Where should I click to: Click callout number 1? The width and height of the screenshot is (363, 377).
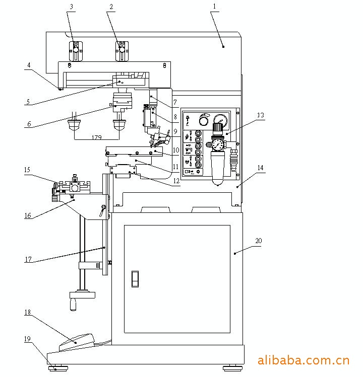coord(215,7)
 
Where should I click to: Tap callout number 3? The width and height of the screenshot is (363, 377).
coord(71,7)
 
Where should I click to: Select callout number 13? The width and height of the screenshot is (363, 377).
coord(261,115)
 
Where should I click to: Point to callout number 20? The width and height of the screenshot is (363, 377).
coord(259,241)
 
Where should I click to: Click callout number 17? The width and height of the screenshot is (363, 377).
coord(28,260)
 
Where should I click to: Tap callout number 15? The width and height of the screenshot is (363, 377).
coord(28,170)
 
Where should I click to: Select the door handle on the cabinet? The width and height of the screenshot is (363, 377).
coord(135,278)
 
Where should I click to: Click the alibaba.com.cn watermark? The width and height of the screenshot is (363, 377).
coord(304,360)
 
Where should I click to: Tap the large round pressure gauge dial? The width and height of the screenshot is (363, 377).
coord(220,121)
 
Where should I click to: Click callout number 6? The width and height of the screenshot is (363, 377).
coord(28,123)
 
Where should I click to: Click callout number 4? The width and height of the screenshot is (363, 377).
coord(28,65)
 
